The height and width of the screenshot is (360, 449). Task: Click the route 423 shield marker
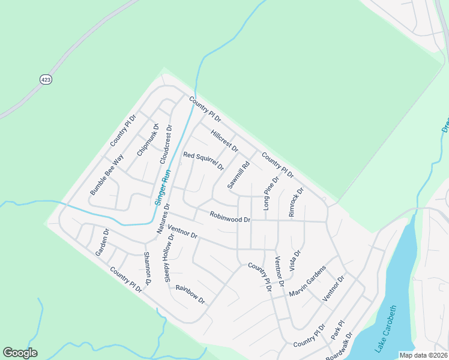point(46,79)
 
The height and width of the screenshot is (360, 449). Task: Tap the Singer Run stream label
point(163,187)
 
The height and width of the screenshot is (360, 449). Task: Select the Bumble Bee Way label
point(106,175)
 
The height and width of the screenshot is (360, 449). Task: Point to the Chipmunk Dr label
point(148,140)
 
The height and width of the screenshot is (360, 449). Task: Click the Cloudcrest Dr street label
point(166,145)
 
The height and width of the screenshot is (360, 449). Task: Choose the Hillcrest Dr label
point(224,140)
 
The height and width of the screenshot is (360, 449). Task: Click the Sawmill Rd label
point(238,175)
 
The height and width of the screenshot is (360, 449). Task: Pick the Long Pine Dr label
point(271,193)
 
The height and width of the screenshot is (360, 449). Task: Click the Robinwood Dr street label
point(230,217)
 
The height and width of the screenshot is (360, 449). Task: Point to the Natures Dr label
point(163,218)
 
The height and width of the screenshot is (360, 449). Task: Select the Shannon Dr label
point(147,268)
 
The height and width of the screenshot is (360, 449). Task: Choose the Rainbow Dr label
point(190,293)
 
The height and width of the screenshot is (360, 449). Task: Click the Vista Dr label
point(295,261)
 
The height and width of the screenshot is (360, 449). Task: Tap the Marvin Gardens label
point(306,281)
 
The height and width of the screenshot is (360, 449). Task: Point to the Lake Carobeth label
point(386,329)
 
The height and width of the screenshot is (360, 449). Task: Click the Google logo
point(20,353)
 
